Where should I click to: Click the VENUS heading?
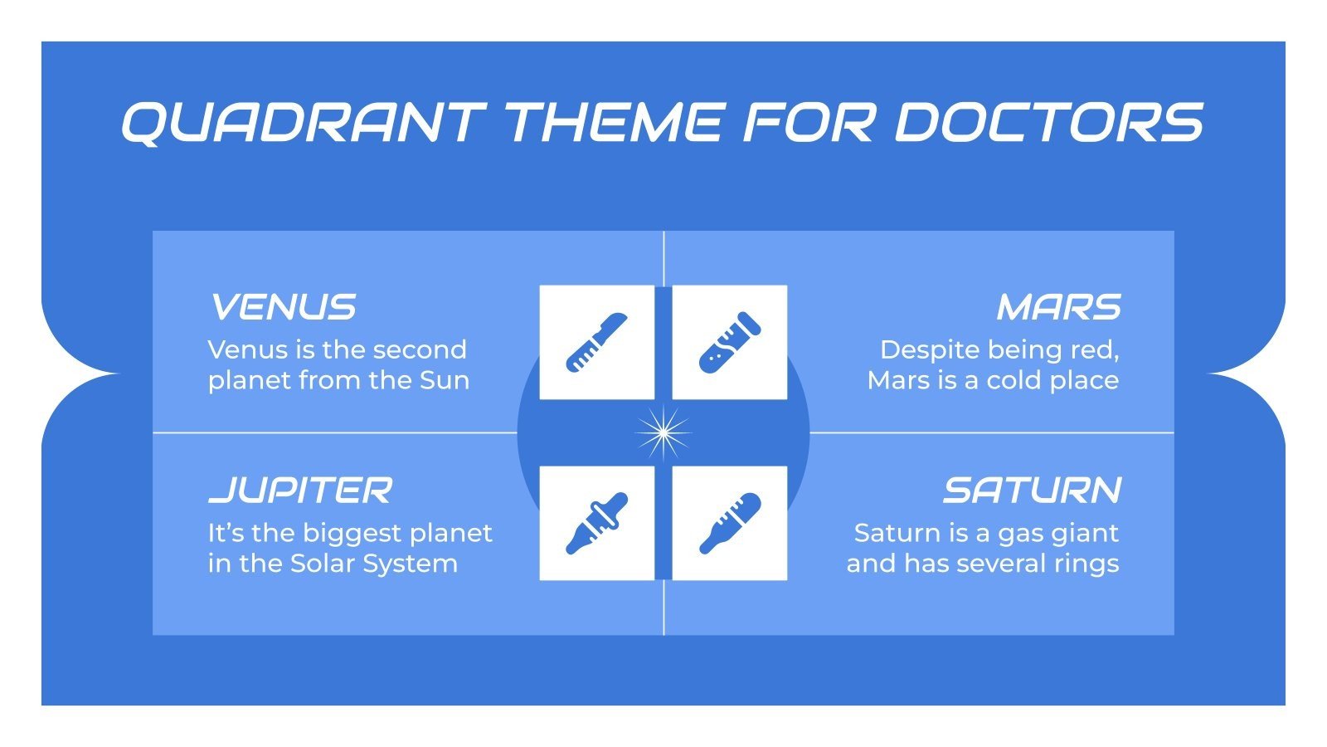click(283, 308)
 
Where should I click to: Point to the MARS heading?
click(1058, 308)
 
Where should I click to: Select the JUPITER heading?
click(299, 491)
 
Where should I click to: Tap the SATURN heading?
click(1032, 491)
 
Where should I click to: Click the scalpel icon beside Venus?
click(596, 342)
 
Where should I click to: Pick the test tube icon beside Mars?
click(729, 342)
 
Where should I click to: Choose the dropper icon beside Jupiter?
click(596, 523)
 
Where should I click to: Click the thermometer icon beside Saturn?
click(729, 523)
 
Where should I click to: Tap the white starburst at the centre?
click(663, 432)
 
